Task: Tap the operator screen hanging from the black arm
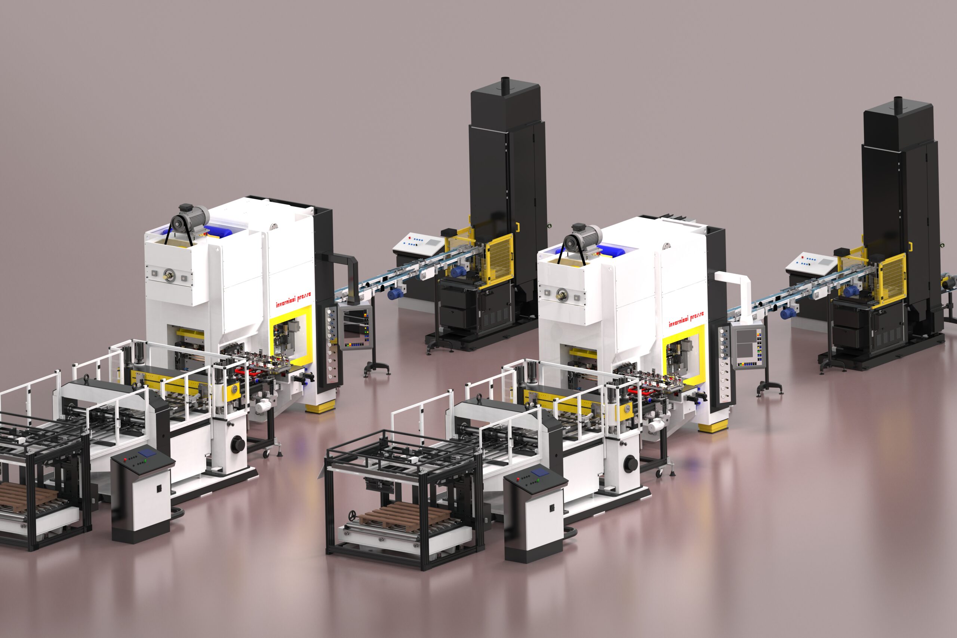tap(356, 328)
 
